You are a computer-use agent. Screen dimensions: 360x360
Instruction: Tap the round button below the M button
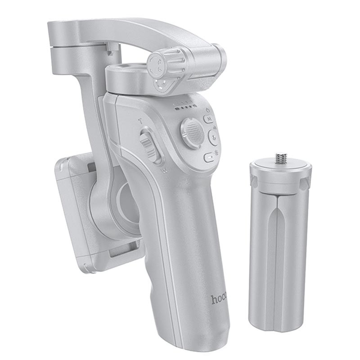pyautogui.click(x=213, y=138)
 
